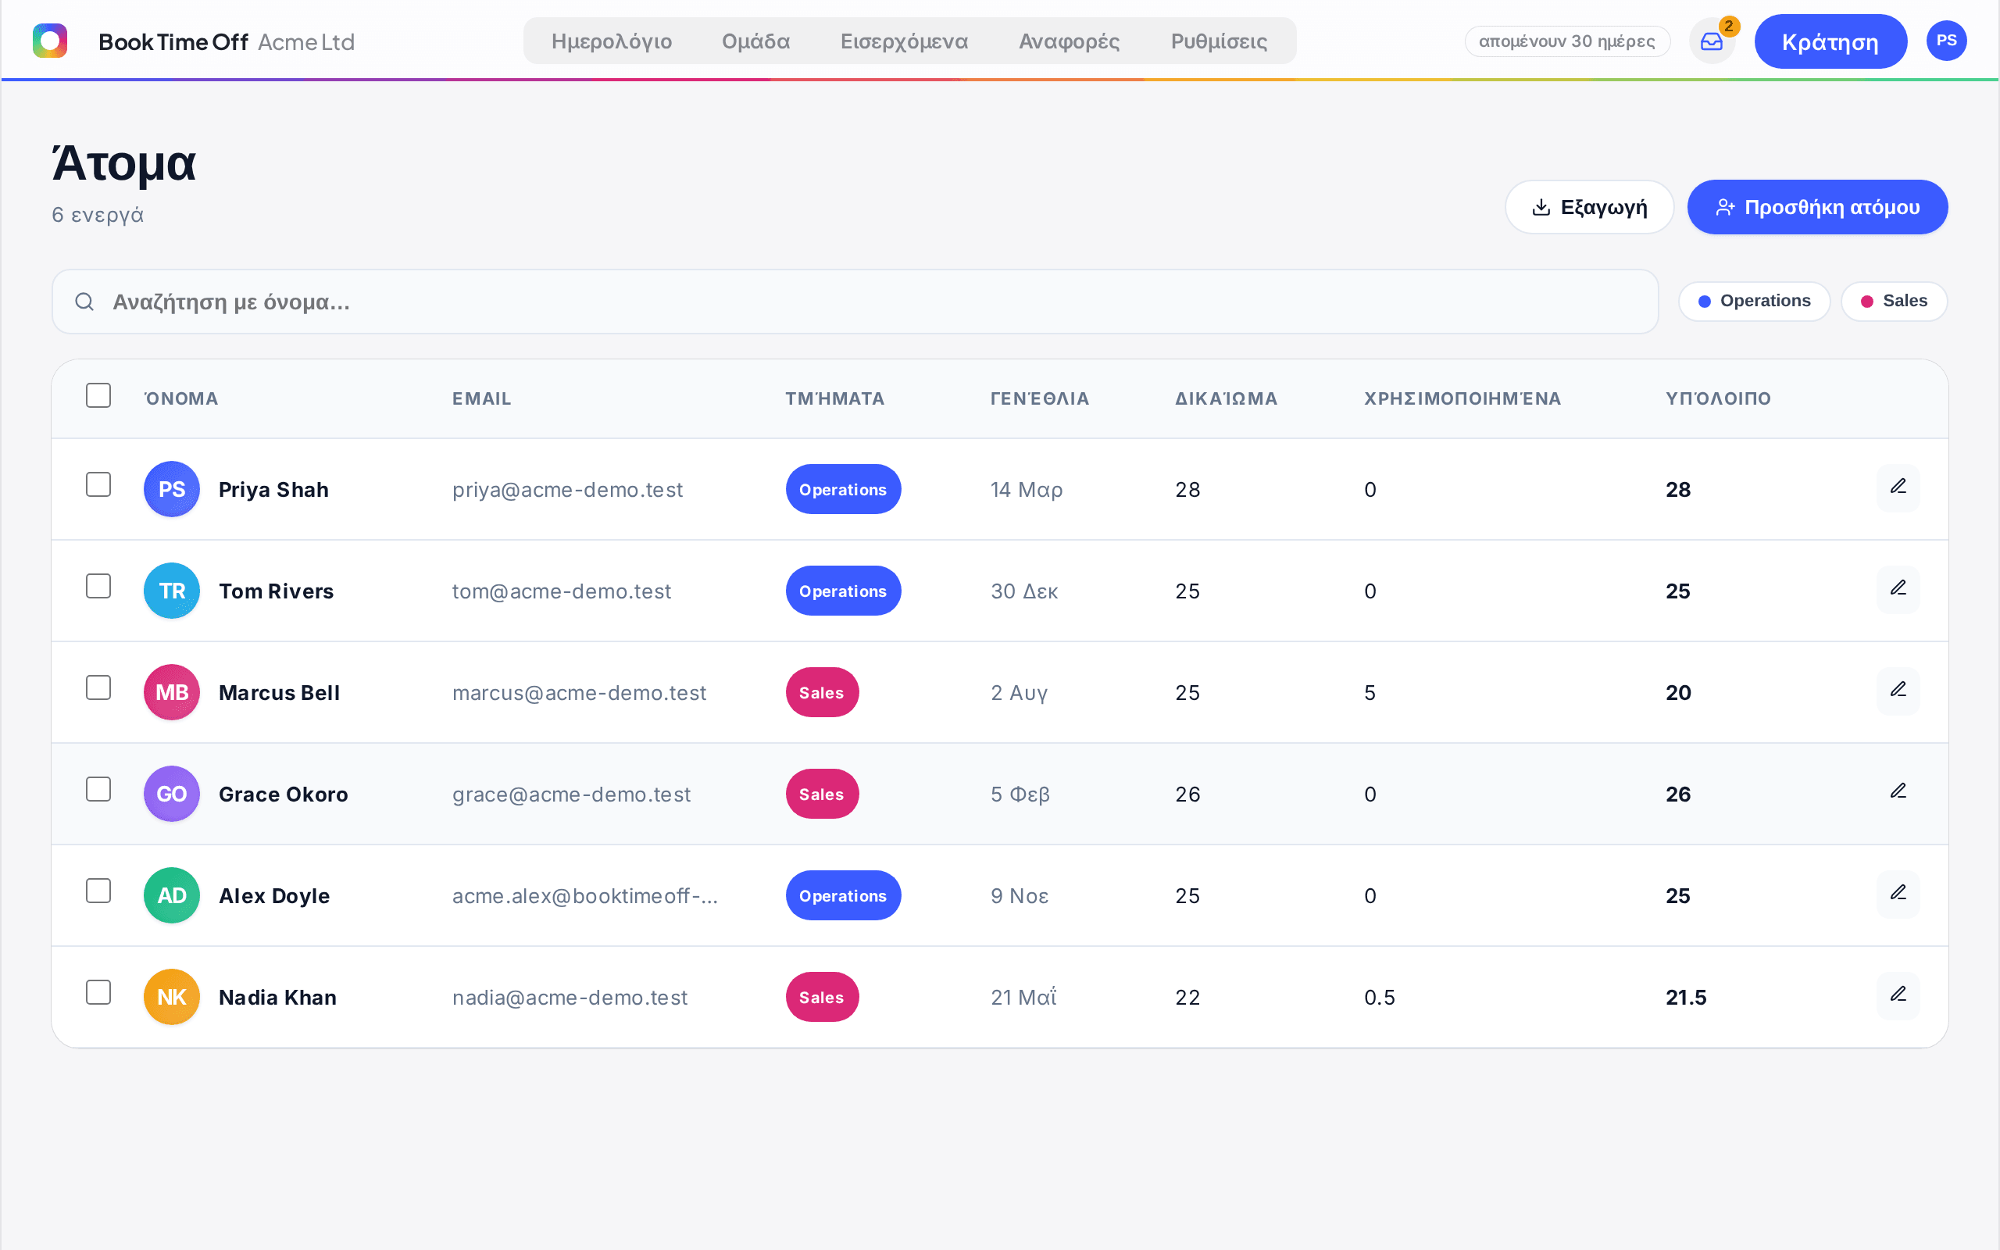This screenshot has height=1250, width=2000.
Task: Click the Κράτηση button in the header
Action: point(1830,41)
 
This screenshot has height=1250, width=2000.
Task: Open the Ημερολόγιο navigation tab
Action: point(612,41)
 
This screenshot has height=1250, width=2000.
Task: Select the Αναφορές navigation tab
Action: point(1069,41)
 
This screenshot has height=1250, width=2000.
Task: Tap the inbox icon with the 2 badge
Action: point(1712,41)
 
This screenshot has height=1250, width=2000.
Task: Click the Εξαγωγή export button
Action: point(1589,207)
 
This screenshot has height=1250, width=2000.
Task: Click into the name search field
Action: point(855,302)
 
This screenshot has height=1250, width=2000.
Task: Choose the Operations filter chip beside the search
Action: point(1754,301)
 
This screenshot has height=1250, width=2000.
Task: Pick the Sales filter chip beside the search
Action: point(1894,301)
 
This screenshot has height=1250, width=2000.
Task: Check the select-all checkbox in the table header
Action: point(98,395)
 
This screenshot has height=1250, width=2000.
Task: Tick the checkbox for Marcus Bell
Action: point(98,687)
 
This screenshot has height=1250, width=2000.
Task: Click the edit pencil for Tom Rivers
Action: point(1898,588)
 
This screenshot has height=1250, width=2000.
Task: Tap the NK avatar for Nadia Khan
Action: point(172,997)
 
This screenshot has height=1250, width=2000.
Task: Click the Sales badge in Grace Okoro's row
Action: point(822,794)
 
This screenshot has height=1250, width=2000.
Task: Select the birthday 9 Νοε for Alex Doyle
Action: point(1019,896)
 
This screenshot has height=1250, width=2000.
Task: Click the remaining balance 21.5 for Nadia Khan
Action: point(1685,998)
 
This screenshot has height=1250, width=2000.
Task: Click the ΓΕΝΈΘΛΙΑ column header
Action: point(1040,398)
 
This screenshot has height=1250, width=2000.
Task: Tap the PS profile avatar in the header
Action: point(1946,41)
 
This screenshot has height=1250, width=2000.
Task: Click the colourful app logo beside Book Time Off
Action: point(49,41)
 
